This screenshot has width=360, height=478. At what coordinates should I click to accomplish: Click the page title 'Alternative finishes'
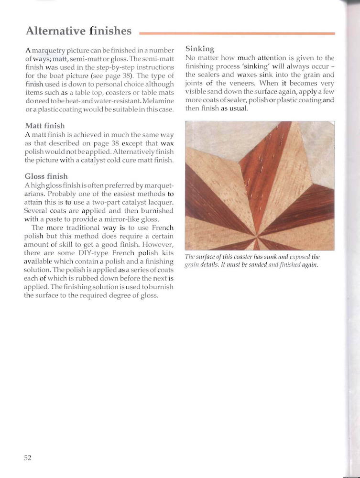click(x=78, y=32)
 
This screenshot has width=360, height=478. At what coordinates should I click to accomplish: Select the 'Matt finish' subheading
click(x=44, y=126)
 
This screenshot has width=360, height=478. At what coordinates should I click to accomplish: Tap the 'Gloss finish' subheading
click(x=46, y=176)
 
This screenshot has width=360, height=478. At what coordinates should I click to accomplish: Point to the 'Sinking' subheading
click(x=199, y=49)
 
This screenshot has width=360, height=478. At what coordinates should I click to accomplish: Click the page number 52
click(x=28, y=457)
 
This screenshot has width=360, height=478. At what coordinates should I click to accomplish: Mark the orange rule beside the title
click(x=237, y=33)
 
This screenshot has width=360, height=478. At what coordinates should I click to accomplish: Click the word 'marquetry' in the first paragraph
click(x=53, y=50)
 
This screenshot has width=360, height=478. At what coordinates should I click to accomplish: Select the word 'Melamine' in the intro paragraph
click(x=158, y=102)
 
